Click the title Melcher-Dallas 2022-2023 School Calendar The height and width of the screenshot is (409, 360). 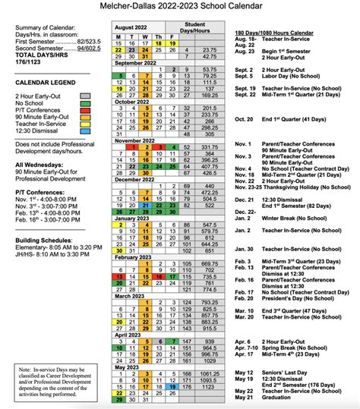pos(180,8)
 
